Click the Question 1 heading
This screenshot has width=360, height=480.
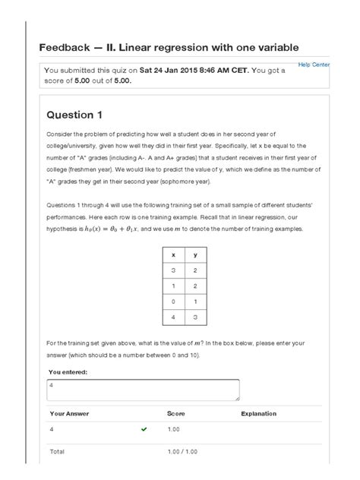(x=74, y=115)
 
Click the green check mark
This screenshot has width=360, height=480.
(x=144, y=429)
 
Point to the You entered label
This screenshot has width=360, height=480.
(x=68, y=372)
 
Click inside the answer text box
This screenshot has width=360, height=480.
(x=143, y=390)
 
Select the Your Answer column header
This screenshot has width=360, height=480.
(x=71, y=414)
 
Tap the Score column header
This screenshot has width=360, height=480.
(x=175, y=414)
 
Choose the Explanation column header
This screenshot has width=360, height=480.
(x=258, y=414)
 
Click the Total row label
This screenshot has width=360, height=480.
(x=57, y=452)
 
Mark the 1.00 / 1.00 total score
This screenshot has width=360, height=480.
(x=183, y=452)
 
